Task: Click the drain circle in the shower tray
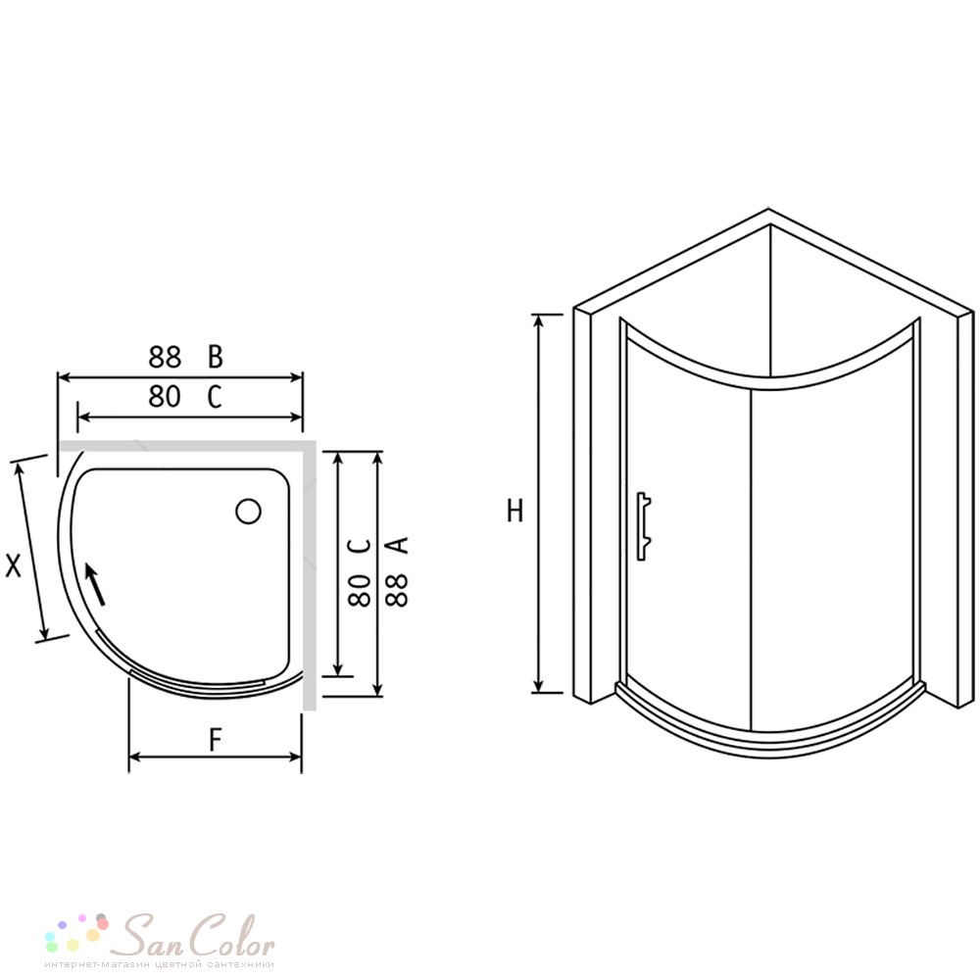(248, 512)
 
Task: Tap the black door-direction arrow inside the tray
(95, 584)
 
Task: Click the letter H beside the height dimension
(514, 511)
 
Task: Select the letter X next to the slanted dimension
(13, 565)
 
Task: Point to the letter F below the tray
(215, 739)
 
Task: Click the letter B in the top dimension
(215, 357)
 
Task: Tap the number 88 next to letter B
(165, 357)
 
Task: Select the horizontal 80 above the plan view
(165, 396)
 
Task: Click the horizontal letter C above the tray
(215, 396)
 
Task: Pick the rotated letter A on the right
(397, 544)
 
